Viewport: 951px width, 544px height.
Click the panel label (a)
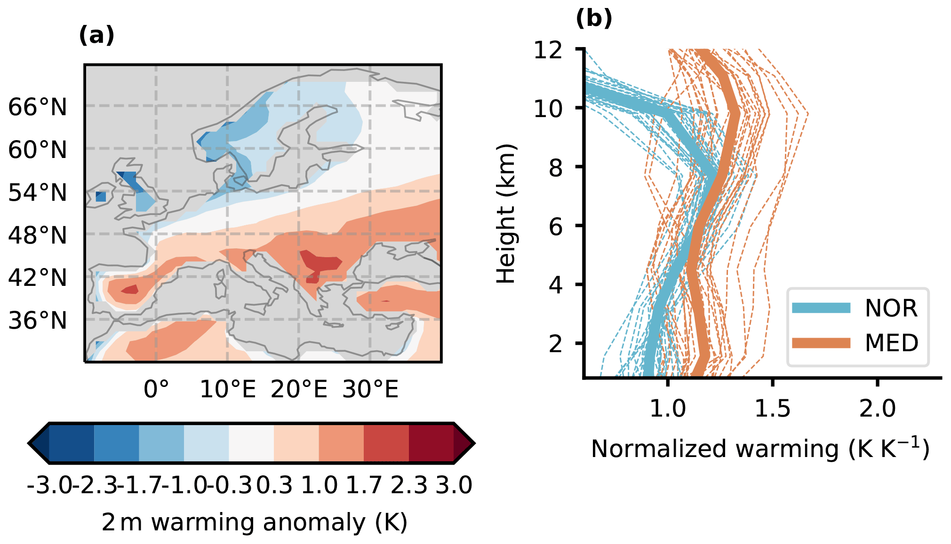pos(96,35)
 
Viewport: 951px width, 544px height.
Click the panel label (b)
pos(594,18)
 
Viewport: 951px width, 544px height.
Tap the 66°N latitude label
pos(38,107)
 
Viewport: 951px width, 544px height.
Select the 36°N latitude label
pos(38,321)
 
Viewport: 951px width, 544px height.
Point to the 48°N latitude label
pos(38,235)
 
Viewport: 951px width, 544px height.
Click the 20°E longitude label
pos(299,389)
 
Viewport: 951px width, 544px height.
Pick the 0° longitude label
pos(156,389)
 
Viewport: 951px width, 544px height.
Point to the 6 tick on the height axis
pos(556,226)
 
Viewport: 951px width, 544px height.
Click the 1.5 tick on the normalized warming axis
pos(772,408)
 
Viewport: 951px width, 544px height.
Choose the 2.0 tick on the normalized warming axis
pos(877,408)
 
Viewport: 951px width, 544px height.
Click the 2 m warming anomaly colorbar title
pos(254,522)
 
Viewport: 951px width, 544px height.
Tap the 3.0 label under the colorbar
pos(454,485)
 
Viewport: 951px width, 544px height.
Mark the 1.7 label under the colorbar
pos(364,485)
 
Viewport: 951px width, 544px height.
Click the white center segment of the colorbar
pos(251,443)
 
